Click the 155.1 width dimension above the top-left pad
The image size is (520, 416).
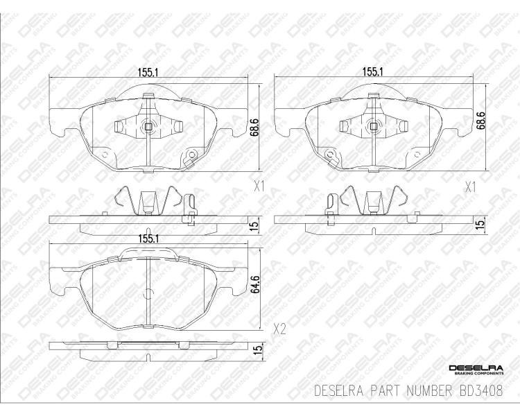tap(148, 71)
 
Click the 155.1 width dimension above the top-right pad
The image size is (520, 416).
tap(373, 71)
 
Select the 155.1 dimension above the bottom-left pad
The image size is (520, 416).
tap(148, 239)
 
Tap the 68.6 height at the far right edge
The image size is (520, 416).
tap(480, 120)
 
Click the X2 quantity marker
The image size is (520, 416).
tap(279, 329)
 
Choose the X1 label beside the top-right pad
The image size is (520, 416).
tap(470, 188)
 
